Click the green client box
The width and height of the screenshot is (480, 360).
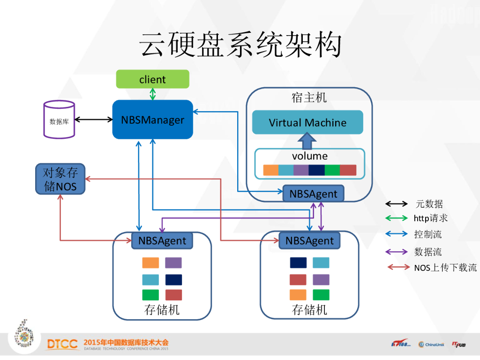point(152,79)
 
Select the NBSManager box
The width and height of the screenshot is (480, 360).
point(152,120)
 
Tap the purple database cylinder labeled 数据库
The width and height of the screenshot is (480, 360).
point(59,120)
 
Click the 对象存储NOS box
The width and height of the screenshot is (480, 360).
point(60,179)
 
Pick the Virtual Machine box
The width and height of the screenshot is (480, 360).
point(307,123)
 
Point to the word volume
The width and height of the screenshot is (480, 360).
point(309,156)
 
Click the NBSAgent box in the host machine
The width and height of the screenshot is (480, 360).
point(313,194)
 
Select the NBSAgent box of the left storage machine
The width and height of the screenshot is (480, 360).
point(162,241)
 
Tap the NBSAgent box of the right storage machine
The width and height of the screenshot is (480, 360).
point(309,241)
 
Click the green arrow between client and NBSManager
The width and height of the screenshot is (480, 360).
point(152,94)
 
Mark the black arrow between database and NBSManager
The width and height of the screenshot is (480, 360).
point(94,120)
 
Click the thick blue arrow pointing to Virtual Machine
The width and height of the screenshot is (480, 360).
point(307,141)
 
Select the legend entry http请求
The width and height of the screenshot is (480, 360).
point(430,218)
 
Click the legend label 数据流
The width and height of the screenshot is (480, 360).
point(427,252)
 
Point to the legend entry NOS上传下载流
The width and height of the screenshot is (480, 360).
point(445,268)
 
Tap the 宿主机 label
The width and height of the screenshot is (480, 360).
point(309,98)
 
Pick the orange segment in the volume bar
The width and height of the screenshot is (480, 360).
point(271,170)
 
